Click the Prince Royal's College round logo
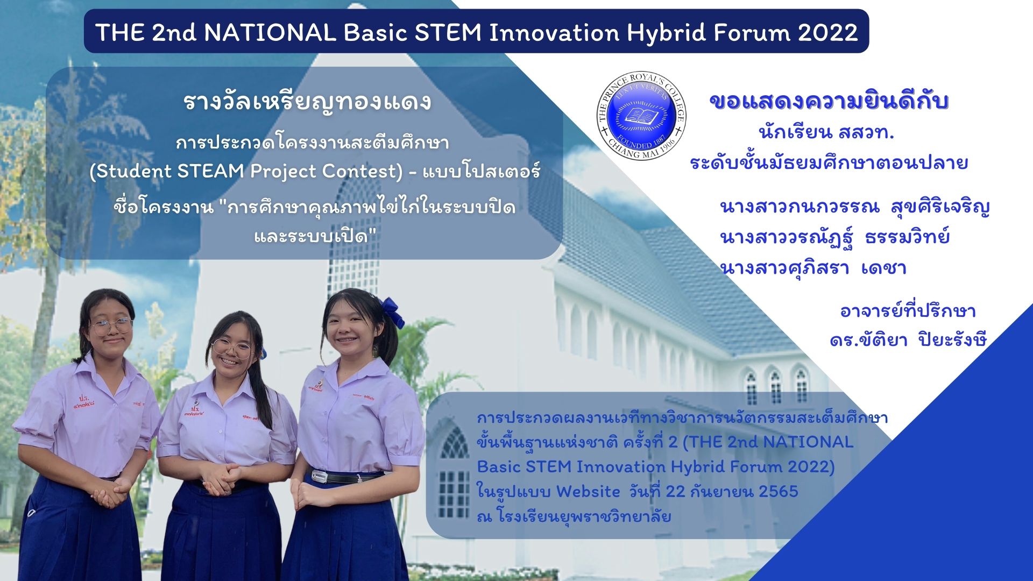642,116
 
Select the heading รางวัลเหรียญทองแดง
307,101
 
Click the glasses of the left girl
111,325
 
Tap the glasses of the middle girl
232,348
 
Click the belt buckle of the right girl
319,476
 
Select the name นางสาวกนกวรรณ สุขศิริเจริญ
855,207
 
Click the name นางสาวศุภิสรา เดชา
813,267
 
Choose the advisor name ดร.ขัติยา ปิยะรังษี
908,340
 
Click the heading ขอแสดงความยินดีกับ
829,101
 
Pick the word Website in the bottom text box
588,491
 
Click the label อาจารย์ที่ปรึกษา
908,311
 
